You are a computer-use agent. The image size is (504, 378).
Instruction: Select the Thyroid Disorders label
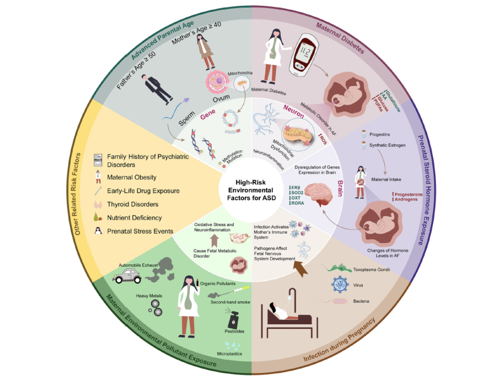129,204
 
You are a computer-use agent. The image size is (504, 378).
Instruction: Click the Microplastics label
229,353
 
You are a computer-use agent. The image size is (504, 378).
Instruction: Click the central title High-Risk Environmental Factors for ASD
252,190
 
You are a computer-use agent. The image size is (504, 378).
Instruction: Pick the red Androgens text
406,199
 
